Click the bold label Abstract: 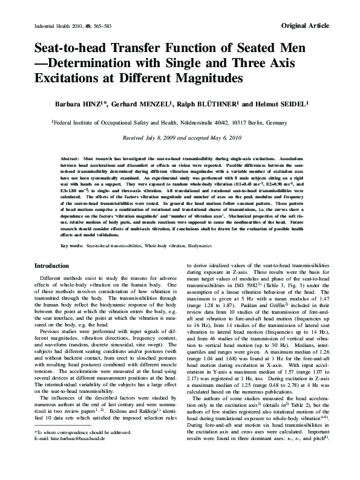pos(71,158)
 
